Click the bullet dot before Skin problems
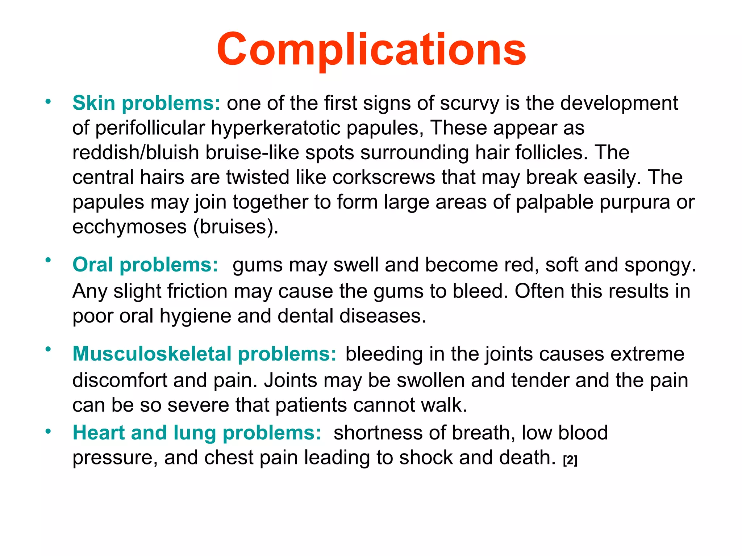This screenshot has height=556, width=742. pyautogui.click(x=48, y=101)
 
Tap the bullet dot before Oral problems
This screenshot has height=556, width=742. pyautogui.click(x=48, y=260)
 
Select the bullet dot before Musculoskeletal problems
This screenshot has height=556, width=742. pyautogui.click(x=48, y=349)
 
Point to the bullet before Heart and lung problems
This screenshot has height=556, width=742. pyautogui.click(x=48, y=431)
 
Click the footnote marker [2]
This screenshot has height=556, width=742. pyautogui.click(x=570, y=460)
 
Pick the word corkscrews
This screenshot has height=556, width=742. pyautogui.click(x=383, y=177)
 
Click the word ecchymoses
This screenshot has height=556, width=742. pyautogui.click(x=129, y=227)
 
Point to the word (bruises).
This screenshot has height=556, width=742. pyautogui.click(x=235, y=227)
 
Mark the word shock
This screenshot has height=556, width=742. pyautogui.click(x=426, y=458)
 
